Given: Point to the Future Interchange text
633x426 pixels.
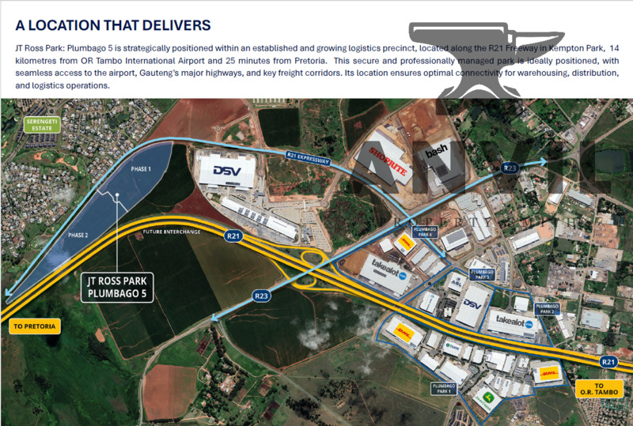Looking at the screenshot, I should click(171, 232).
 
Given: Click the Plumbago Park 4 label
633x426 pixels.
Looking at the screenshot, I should click(425, 232).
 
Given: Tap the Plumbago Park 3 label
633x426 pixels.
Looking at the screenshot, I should click(482, 274).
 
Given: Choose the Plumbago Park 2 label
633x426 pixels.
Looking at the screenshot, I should click(547, 308).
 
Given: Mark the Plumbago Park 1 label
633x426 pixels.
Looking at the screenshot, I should click(444, 387).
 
